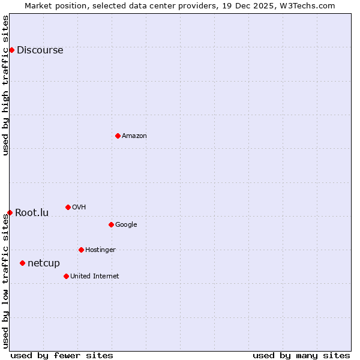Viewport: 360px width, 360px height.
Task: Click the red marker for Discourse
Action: coord(11,50)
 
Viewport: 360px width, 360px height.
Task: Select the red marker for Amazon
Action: coord(118,136)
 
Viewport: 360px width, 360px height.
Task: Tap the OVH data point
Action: coord(68,207)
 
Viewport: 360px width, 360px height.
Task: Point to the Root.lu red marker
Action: coord(10,212)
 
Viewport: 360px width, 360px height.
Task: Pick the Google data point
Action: coord(111,224)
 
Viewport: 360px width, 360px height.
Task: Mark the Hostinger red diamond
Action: coord(81,250)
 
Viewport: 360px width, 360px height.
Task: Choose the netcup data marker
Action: coord(22,263)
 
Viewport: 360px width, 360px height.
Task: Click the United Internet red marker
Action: coord(66,276)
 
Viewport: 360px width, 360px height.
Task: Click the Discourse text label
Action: coord(40,50)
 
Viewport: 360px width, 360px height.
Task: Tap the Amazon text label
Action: coord(134,136)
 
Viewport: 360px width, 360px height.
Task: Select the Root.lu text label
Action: coord(32,213)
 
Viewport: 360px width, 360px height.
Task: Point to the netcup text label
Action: coord(44,263)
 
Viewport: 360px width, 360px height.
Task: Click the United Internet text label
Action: coord(95,277)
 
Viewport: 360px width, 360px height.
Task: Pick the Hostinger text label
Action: coord(100,250)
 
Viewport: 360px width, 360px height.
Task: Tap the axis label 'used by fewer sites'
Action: coord(62,355)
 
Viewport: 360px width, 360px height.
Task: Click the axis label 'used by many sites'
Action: coord(301,355)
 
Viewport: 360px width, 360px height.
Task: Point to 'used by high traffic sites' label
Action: coord(5,85)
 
